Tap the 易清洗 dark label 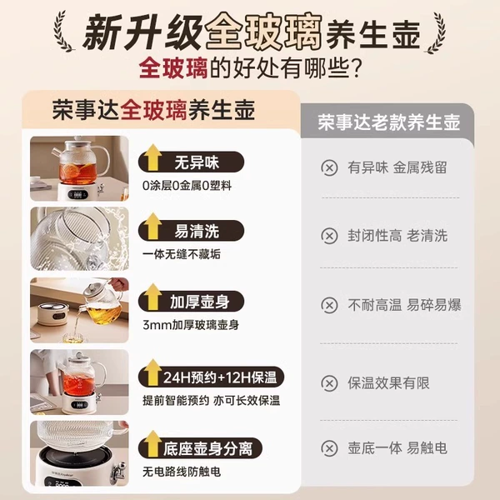191,231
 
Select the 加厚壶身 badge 191,302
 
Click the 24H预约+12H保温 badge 211,377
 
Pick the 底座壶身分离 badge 200,448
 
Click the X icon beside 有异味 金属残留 329,167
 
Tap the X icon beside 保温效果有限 329,383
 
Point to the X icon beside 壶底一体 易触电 329,448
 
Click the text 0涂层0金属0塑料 187,185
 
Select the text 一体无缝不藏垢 182,254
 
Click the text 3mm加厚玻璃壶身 191,325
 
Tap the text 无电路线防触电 182,472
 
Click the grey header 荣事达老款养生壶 389,122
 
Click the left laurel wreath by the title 63,32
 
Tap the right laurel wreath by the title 436,32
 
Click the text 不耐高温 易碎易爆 404,305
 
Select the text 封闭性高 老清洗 397,236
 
